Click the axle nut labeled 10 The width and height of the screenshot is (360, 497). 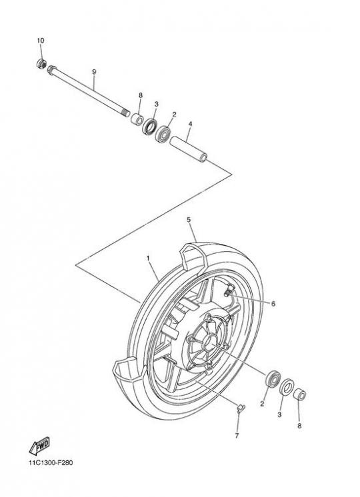[x=41, y=64]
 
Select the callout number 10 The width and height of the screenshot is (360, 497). [x=40, y=41]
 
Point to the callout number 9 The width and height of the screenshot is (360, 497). [x=94, y=72]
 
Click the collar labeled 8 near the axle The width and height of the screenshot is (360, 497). [x=137, y=119]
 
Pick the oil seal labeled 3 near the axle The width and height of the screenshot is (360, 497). [x=149, y=126]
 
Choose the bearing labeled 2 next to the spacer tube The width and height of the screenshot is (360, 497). [x=163, y=133]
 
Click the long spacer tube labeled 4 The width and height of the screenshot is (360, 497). [x=189, y=149]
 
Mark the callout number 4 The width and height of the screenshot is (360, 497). [x=190, y=124]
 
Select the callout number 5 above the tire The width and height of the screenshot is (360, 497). [x=189, y=219]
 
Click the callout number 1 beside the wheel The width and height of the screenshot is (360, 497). [x=148, y=258]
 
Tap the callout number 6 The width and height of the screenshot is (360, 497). [x=273, y=304]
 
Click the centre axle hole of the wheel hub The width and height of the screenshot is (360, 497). [x=209, y=342]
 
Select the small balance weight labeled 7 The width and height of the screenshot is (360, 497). [x=241, y=407]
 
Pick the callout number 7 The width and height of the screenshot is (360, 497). [x=237, y=436]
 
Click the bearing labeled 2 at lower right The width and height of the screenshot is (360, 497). [x=273, y=378]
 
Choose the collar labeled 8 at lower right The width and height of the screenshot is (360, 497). [x=299, y=394]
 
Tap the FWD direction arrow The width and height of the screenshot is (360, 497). [x=39, y=446]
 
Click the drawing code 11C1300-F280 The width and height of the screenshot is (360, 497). [x=51, y=463]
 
